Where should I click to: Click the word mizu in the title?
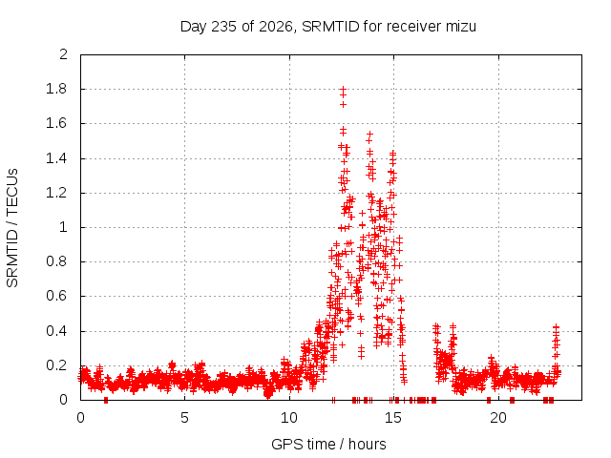(460, 27)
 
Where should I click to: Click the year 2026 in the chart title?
(275, 27)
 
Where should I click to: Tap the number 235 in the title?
(223, 27)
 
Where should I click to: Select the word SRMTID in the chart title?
(330, 27)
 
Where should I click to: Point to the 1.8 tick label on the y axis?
(56, 89)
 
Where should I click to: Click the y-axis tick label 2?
(63, 54)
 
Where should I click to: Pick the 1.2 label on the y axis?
(56, 193)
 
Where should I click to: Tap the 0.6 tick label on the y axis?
(56, 296)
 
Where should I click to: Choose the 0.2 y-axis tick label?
(56, 365)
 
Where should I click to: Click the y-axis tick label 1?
(64, 227)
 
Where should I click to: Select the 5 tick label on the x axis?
(184, 418)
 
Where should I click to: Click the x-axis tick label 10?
(288, 418)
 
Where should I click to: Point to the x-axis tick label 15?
(393, 418)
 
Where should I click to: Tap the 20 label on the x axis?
(498, 418)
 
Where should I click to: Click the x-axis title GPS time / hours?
(328, 444)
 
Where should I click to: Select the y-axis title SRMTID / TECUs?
(12, 228)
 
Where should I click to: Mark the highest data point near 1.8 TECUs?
(343, 89)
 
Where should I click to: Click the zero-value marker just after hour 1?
(106, 400)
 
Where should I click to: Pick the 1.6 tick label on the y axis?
(56, 123)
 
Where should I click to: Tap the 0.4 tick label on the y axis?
(56, 331)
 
